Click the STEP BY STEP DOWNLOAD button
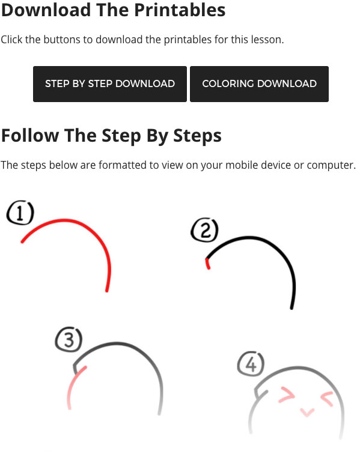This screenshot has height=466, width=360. point(110,84)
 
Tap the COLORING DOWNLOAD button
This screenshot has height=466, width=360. point(259,84)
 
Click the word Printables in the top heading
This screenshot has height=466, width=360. point(180,10)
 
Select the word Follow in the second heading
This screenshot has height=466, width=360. point(30,136)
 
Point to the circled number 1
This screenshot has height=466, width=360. point(20,213)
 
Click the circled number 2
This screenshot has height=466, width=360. point(205,230)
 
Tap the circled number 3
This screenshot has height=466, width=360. point(69,340)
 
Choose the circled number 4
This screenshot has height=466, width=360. point(251,364)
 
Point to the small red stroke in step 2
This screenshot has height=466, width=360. point(207,264)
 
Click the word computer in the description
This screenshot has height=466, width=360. point(330,165)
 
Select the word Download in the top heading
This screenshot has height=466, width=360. point(46,10)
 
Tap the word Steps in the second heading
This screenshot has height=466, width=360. point(197,136)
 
